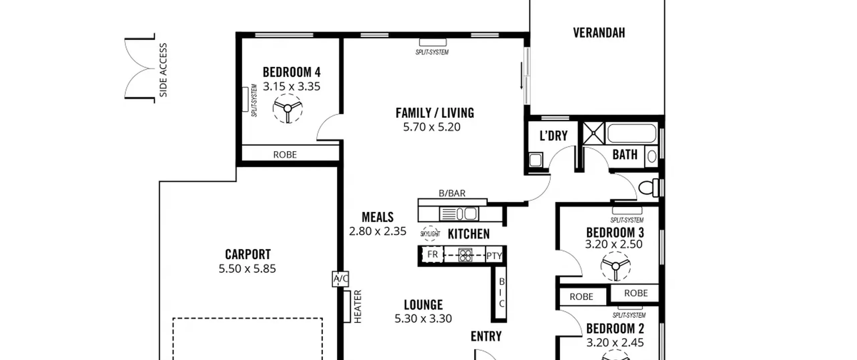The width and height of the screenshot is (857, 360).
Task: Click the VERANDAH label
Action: [x=599, y=33]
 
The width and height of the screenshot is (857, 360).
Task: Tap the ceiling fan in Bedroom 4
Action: [x=288, y=109]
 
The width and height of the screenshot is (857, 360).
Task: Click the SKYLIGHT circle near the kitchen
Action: [x=430, y=234]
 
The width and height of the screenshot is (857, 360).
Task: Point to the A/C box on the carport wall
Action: [x=340, y=279]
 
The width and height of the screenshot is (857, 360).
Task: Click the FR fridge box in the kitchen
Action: [x=432, y=255]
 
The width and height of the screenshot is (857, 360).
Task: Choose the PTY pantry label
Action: [x=494, y=256]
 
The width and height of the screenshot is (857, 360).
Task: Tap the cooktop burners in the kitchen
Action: [x=465, y=255]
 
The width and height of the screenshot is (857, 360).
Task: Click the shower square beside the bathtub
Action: [x=594, y=133]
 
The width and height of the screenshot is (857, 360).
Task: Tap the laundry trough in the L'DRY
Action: [x=536, y=159]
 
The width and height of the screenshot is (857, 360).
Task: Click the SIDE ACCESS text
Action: [x=163, y=70]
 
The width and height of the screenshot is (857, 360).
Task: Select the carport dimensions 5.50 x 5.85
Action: [x=247, y=269]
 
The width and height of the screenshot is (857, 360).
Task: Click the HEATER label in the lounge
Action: [x=358, y=306]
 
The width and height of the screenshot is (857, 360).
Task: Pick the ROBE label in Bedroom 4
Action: [x=285, y=155]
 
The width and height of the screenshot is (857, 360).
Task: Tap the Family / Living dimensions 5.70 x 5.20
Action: [x=432, y=127]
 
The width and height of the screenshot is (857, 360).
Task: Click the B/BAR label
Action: [x=452, y=193]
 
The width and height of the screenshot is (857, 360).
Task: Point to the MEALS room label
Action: [x=378, y=217]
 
